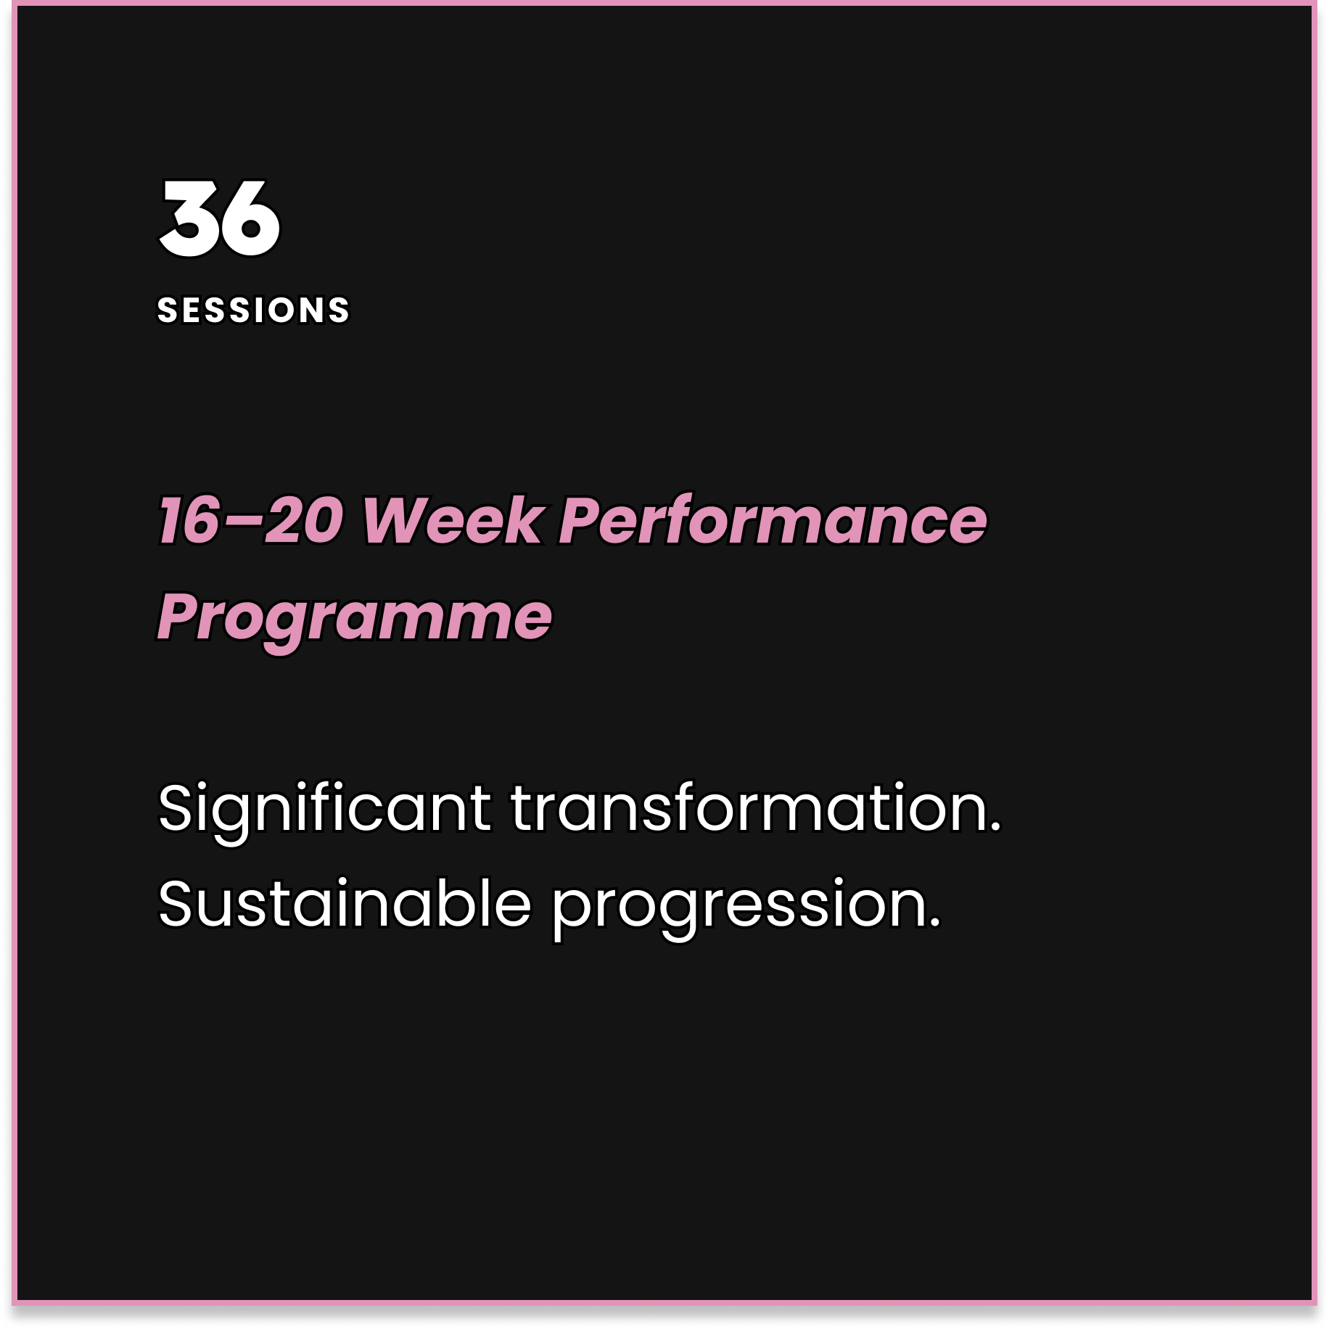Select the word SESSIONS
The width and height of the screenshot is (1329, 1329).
[x=253, y=310]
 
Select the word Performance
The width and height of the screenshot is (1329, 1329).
[x=773, y=520]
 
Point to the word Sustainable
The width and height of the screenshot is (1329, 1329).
[x=345, y=904]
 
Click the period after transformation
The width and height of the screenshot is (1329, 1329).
[x=995, y=826]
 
